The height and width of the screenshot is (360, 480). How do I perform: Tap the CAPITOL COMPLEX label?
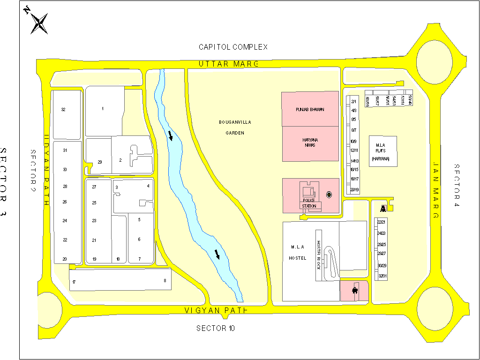click(x=233, y=47)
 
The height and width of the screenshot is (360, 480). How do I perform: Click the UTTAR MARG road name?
click(x=228, y=64)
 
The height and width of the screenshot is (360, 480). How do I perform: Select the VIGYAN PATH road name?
click(x=216, y=310)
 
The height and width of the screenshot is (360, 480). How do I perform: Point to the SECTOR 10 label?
click(x=216, y=328)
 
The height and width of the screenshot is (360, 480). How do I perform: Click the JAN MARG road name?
click(x=435, y=191)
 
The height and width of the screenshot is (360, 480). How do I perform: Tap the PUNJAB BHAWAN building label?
click(x=310, y=109)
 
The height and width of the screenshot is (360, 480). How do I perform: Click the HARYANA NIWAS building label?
click(x=309, y=142)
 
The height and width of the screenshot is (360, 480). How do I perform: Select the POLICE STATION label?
click(x=309, y=203)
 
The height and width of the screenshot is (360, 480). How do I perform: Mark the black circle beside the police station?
click(x=329, y=195)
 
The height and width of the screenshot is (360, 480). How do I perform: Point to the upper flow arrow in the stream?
click(x=170, y=136)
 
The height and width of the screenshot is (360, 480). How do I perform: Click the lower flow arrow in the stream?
click(x=217, y=254)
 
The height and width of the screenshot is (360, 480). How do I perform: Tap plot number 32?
click(x=63, y=110)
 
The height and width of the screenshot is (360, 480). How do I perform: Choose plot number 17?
click(x=74, y=282)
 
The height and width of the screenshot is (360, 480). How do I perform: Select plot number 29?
click(x=99, y=162)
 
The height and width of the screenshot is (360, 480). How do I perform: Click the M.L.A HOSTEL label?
click(x=298, y=253)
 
